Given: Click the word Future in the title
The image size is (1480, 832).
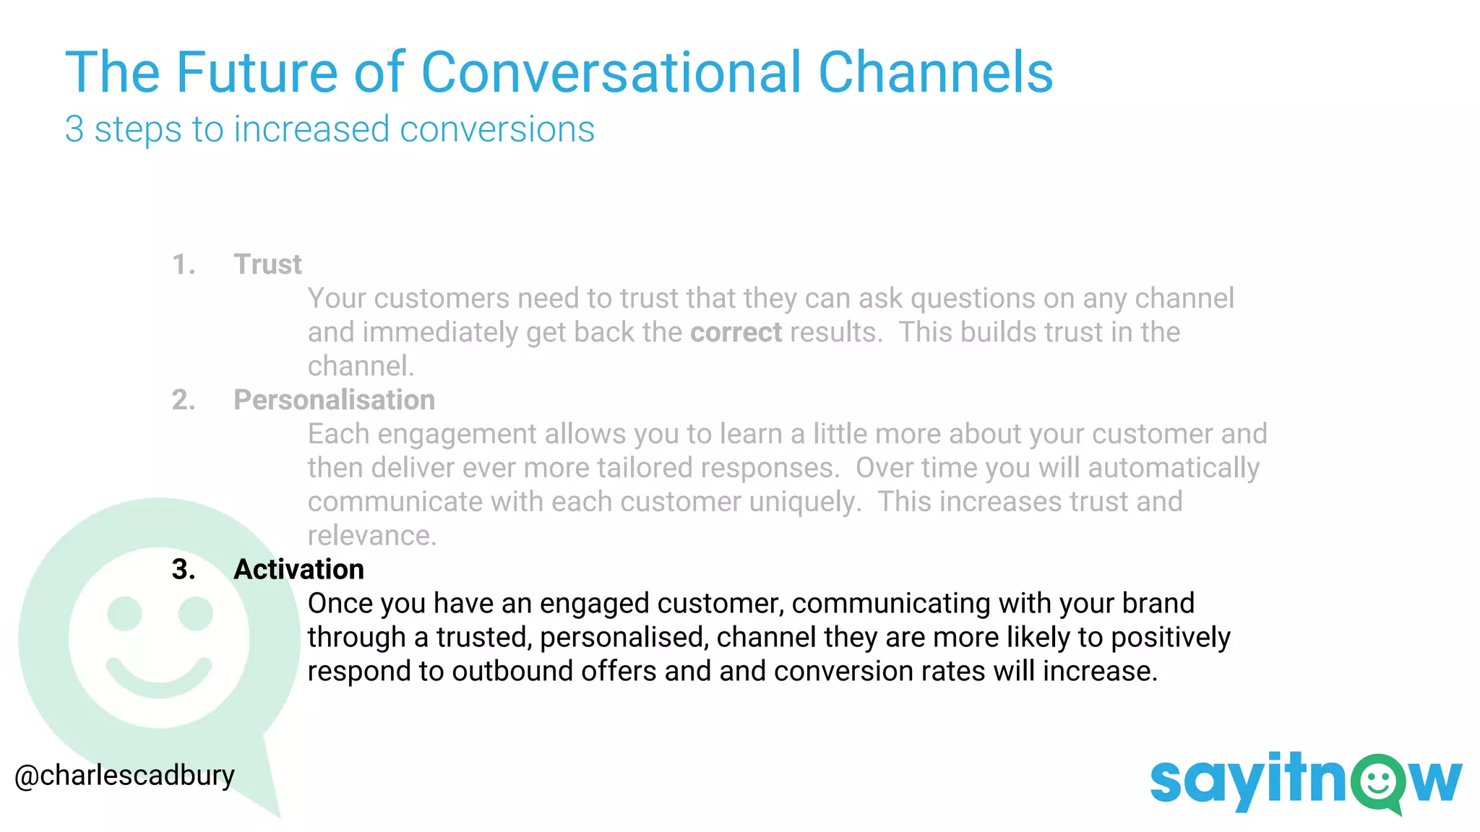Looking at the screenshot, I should pyautogui.click(x=256, y=72).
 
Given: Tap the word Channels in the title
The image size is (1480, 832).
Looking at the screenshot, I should pyautogui.click(x=935, y=72).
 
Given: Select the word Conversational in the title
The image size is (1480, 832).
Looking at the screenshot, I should pyautogui.click(x=611, y=72).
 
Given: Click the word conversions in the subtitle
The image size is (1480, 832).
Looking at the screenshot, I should pyautogui.click(x=496, y=130).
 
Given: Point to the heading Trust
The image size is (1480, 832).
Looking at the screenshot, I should pyautogui.click(x=267, y=264).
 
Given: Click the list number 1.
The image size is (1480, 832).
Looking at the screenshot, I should pyautogui.click(x=184, y=264).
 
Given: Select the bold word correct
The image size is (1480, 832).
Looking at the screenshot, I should pyautogui.click(x=736, y=332).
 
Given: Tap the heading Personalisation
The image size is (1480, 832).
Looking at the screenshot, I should pyautogui.click(x=334, y=400).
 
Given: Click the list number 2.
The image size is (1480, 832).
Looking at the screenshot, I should pyautogui.click(x=184, y=400).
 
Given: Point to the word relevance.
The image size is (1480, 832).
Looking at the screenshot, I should pyautogui.click(x=371, y=536).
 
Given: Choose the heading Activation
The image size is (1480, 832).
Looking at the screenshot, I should pyautogui.click(x=298, y=570).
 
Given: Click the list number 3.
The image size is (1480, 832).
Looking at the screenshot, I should pyautogui.click(x=184, y=570).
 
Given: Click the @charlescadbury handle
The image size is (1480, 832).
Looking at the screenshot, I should pyautogui.click(x=124, y=776).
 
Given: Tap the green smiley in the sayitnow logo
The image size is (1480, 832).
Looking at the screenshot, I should pyautogui.click(x=1378, y=781).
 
